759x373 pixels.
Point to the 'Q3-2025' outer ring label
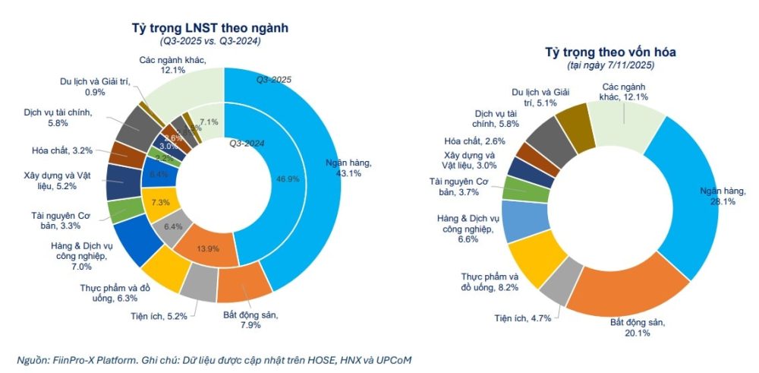[x=275, y=79]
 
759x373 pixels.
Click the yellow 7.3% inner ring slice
[x=161, y=203]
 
